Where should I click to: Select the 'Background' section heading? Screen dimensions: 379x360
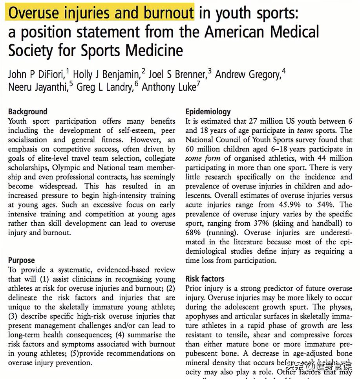pos(27,112)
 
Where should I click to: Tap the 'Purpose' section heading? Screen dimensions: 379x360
pos(22,260)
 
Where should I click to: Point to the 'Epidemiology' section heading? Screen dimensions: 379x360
pos(208,112)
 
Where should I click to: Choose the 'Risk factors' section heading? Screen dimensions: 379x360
pos(205,279)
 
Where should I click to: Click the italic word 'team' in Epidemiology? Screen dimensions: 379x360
pos(305,131)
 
